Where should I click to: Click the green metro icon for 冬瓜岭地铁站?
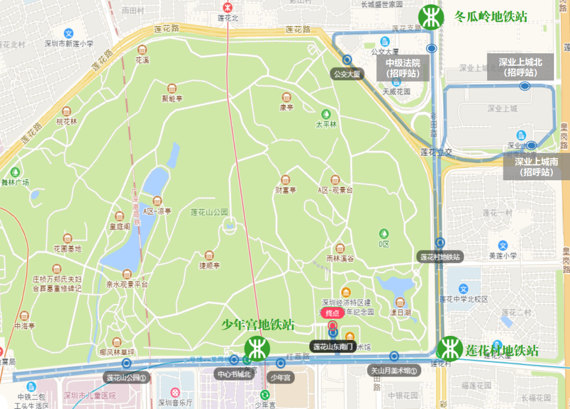point(431,17)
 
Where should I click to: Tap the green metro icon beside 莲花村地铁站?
point(450,348)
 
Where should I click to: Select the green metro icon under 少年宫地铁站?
point(258,349)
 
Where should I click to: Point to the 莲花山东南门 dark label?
point(334,346)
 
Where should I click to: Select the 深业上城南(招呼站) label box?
point(536,167)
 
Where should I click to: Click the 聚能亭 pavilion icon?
point(172,88)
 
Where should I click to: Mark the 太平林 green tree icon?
point(326,114)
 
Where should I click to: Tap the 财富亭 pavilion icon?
point(286,179)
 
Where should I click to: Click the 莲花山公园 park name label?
point(209,212)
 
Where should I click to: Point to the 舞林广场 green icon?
point(15,172)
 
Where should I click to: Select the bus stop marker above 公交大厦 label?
point(347,60)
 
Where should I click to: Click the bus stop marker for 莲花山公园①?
point(127,363)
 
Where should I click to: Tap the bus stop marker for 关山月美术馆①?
point(394,356)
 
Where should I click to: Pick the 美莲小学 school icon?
point(503,245)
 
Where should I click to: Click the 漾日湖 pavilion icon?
point(400,302)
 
